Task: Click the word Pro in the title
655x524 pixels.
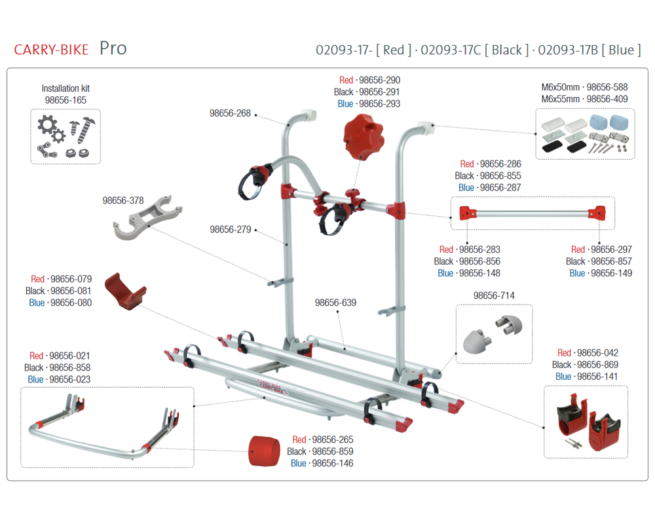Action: tap(113, 49)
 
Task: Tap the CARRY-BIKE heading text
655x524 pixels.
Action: tap(51, 50)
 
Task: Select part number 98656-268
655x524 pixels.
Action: tap(230, 113)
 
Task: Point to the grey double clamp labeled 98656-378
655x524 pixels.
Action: tap(147, 217)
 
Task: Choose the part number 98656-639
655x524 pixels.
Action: tap(335, 303)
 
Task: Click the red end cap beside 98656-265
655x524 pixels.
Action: tap(265, 451)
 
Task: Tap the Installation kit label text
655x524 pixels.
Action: tap(65, 88)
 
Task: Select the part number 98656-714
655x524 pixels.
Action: tap(494, 295)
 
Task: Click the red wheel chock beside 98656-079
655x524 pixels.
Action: tap(124, 291)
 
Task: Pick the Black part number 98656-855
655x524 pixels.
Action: tap(500, 176)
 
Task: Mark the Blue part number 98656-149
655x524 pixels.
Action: tap(612, 273)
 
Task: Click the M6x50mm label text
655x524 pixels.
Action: tap(561, 87)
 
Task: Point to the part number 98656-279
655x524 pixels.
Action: tap(231, 229)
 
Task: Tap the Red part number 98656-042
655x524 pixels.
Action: tap(598, 352)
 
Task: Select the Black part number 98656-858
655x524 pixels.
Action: tap(70, 367)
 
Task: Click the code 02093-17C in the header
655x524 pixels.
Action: tap(451, 50)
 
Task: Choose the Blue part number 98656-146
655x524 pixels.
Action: tap(333, 463)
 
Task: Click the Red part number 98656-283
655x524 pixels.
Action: tap(479, 250)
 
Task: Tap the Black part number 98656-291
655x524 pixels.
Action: tap(379, 92)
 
